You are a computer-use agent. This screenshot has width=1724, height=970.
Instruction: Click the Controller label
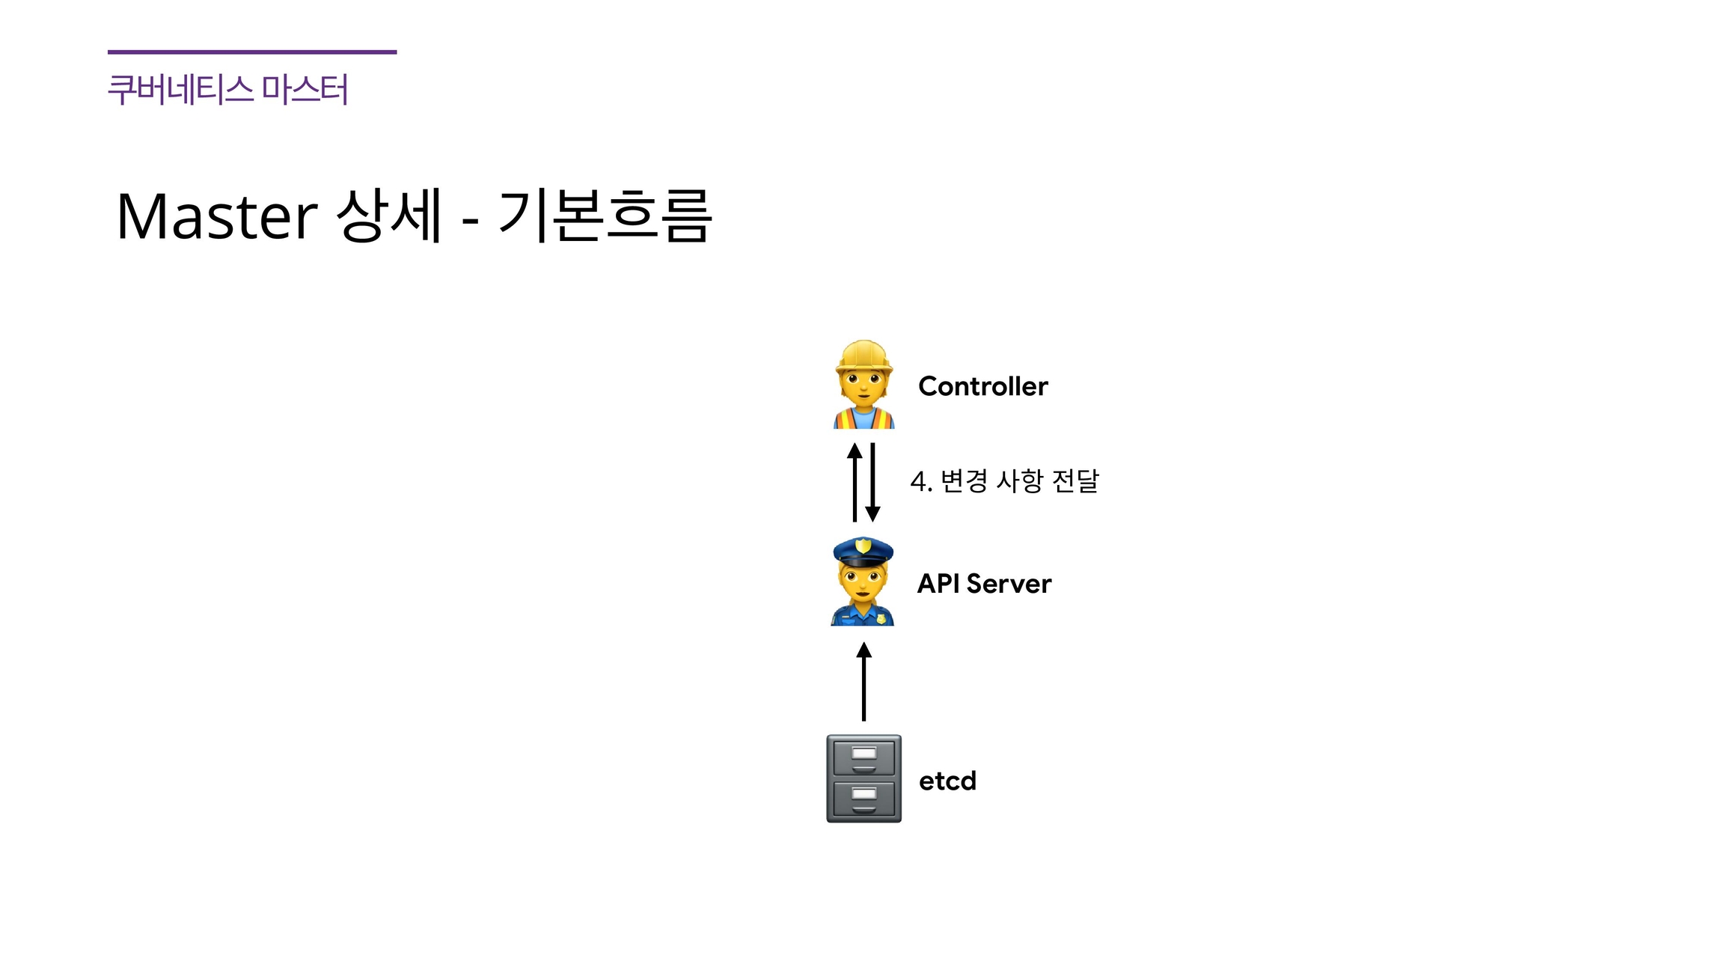pyautogui.click(x=982, y=386)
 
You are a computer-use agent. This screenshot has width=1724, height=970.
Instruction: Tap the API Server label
pyautogui.click(x=984, y=584)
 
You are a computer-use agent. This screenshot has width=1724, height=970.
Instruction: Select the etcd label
pyautogui.click(x=947, y=781)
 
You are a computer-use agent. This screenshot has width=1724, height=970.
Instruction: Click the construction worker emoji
pyautogui.click(x=863, y=385)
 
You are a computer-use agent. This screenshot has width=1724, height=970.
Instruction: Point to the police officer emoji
pyautogui.click(x=863, y=582)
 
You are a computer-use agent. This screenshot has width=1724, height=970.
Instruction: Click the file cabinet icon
pyautogui.click(x=863, y=778)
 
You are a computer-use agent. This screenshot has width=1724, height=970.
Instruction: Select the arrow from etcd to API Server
pyautogui.click(x=863, y=682)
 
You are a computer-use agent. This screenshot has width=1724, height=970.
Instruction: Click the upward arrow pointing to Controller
pyautogui.click(x=855, y=482)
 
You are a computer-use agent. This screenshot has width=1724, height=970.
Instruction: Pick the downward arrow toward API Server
pyautogui.click(x=872, y=482)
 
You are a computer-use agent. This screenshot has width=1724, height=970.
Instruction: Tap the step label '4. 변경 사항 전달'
pyautogui.click(x=1004, y=481)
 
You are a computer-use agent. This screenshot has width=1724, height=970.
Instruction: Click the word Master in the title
pyautogui.click(x=217, y=216)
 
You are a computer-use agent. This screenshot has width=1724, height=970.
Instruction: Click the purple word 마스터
pyautogui.click(x=305, y=90)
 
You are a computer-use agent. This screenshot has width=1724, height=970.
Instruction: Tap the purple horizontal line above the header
pyautogui.click(x=252, y=52)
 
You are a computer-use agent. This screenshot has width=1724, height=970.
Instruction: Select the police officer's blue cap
pyautogui.click(x=863, y=552)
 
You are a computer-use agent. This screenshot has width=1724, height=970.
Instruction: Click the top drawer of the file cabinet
pyautogui.click(x=863, y=757)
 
